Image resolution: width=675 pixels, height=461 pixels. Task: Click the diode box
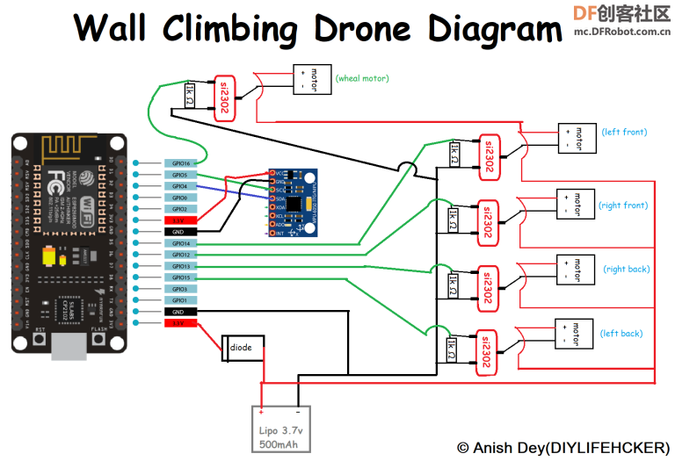tap(241, 348)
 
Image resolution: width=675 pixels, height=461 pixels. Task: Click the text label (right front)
tap(623, 205)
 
